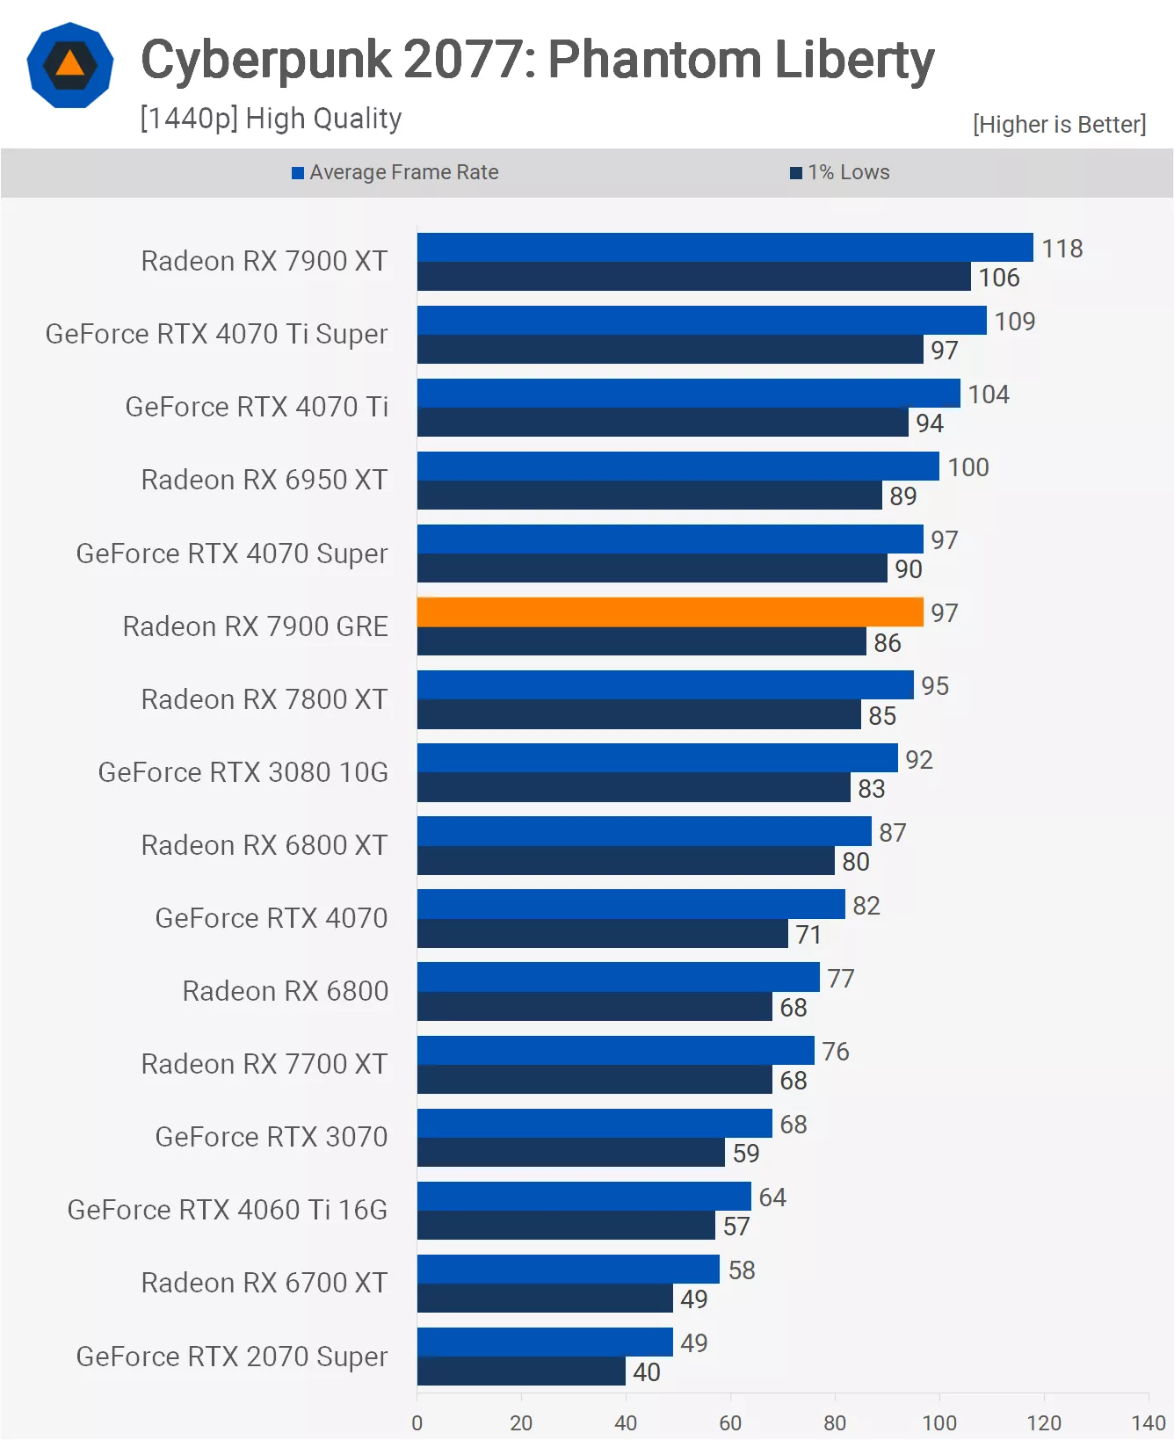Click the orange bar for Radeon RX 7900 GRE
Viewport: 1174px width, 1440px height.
coord(670,612)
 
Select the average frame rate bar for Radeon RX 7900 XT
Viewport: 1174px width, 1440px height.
coord(724,248)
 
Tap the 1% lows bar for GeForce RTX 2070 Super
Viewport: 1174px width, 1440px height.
coord(521,1371)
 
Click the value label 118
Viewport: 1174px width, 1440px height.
coord(1062,249)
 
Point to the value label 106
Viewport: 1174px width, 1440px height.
coord(999,278)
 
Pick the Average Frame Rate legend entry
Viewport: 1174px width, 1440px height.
coord(395,172)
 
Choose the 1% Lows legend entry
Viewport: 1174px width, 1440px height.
coord(840,172)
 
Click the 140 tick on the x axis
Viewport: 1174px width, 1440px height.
coord(1148,1422)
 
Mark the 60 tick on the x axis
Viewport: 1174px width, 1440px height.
coord(730,1422)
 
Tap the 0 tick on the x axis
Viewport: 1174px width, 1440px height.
coord(417,1422)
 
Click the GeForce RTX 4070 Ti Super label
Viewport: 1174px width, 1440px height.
coord(216,334)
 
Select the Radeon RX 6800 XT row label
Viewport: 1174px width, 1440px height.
coord(264,845)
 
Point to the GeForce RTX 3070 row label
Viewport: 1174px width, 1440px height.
coord(271,1137)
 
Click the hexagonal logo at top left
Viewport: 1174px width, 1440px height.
coord(70,66)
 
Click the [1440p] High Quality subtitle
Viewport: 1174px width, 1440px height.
coord(271,119)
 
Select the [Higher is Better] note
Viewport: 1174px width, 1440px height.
coord(1059,125)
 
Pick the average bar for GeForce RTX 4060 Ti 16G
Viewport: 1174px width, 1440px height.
coord(583,1196)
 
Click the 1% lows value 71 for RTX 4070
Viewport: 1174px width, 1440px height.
coord(808,934)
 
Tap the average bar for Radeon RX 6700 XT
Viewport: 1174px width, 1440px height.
coord(568,1269)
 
